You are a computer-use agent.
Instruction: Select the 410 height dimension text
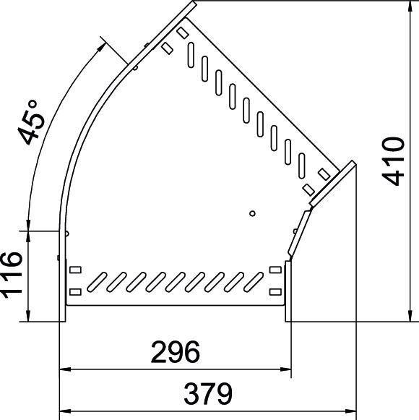395,160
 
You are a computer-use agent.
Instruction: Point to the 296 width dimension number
175,353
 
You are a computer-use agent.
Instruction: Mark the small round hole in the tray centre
251,213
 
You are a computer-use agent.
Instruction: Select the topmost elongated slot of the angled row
191,52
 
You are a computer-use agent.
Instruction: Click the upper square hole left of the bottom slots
75,270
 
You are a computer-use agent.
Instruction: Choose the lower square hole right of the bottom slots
275,291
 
